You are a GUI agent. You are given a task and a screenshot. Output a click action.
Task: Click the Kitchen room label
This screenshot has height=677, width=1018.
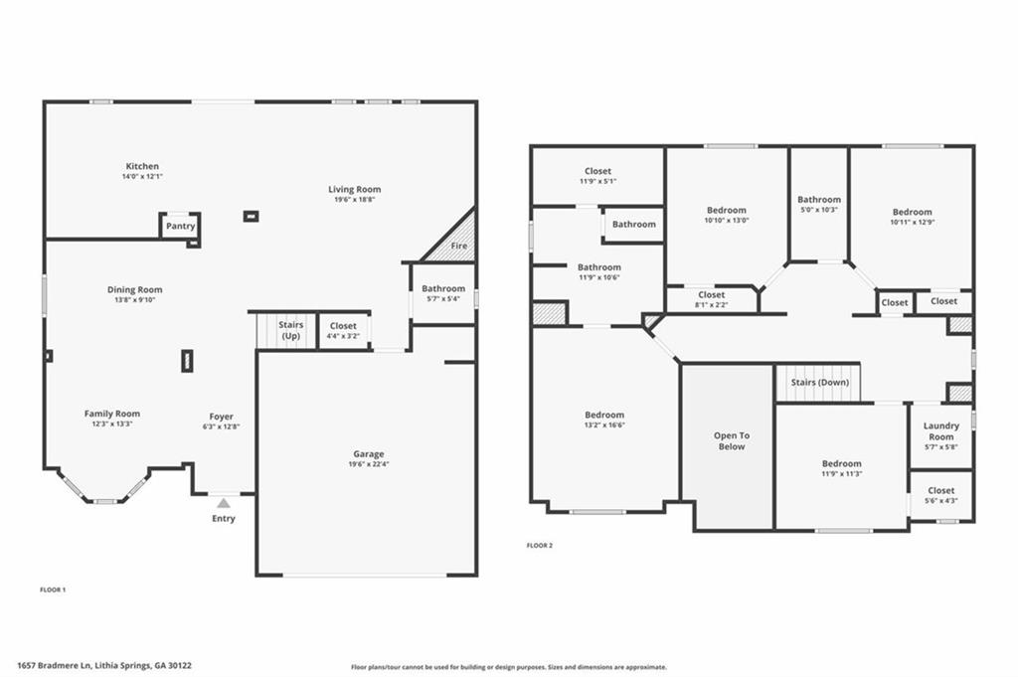pyautogui.click(x=141, y=166)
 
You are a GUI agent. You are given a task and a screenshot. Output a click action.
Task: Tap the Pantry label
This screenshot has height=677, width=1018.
pyautogui.click(x=180, y=226)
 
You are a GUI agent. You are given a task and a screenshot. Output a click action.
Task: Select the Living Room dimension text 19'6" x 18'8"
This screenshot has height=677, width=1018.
pyautogui.click(x=354, y=200)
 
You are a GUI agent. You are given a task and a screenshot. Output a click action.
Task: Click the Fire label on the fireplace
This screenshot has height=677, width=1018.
pyautogui.click(x=458, y=246)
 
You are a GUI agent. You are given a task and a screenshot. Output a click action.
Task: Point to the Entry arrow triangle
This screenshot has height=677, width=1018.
pyautogui.click(x=224, y=503)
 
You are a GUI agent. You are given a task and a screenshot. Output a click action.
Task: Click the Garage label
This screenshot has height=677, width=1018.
pyautogui.click(x=368, y=454)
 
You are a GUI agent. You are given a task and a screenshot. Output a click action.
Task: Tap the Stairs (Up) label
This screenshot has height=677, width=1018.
pyautogui.click(x=290, y=330)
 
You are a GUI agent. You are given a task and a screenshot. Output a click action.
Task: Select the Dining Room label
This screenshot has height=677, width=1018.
pyautogui.click(x=135, y=290)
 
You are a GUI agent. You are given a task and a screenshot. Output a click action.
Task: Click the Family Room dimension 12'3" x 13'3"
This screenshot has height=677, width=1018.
pyautogui.click(x=111, y=423)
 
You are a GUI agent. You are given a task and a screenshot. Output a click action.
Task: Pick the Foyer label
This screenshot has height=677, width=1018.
pyautogui.click(x=221, y=417)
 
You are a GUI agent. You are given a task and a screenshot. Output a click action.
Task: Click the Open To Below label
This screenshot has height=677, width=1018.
pyautogui.click(x=731, y=441)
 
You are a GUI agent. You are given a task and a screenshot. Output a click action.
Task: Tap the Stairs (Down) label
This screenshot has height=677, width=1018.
pyautogui.click(x=819, y=383)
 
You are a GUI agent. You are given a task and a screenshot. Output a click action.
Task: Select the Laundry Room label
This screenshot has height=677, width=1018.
pyautogui.click(x=940, y=431)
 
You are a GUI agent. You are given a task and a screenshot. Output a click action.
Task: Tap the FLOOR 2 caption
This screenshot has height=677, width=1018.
pyautogui.click(x=539, y=545)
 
